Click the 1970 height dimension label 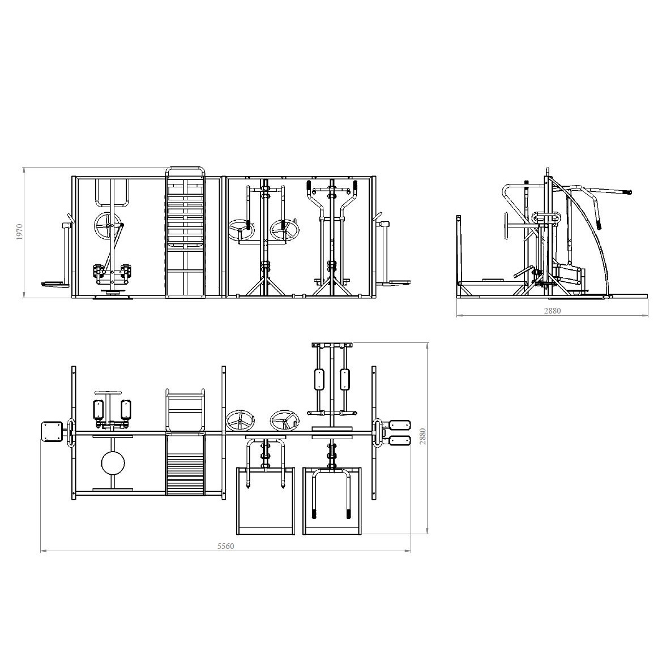coord(19,232)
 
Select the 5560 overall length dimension coord(225,546)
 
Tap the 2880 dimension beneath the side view coord(552,311)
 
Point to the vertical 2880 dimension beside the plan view coord(422,436)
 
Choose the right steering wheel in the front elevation coord(285,229)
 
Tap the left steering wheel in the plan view coord(241,420)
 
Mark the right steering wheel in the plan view coord(285,420)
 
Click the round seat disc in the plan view coord(113,463)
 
